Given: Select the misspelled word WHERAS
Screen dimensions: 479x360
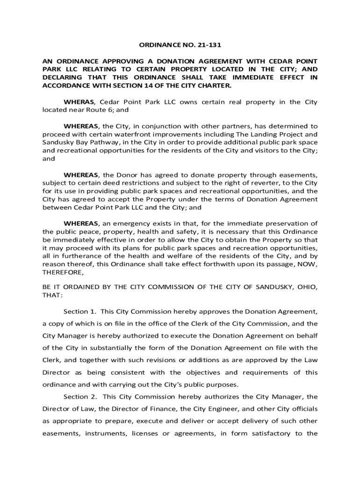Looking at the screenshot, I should point(79,102).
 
